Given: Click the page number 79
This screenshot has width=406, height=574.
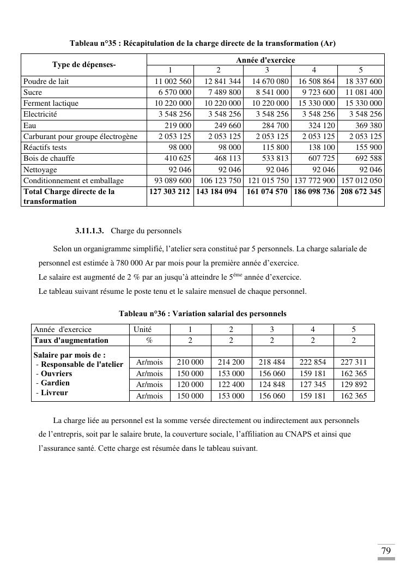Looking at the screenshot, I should point(386,551).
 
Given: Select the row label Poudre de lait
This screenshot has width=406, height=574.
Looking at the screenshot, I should point(46,81).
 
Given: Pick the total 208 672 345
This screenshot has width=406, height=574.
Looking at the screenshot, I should point(361,191).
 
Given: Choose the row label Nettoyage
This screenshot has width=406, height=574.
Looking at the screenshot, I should point(40,170).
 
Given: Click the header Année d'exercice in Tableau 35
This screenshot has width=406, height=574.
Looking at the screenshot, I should point(265,60).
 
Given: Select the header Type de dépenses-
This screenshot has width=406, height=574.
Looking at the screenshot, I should point(84,65).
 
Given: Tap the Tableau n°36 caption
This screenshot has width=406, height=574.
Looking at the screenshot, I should point(203,313).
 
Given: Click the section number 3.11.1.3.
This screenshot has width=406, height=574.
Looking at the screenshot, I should point(90,231).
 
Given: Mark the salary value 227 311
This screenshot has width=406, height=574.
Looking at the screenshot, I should point(354,362).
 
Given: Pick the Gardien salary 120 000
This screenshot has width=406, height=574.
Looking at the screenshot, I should point(190,385).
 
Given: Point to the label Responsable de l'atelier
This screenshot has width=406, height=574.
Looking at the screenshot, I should point(82,364).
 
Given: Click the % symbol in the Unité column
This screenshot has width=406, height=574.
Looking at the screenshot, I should point(149,340).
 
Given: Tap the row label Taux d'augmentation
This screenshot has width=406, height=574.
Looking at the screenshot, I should point(71,340).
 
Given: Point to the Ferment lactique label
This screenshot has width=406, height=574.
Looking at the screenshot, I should point(51,103).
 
